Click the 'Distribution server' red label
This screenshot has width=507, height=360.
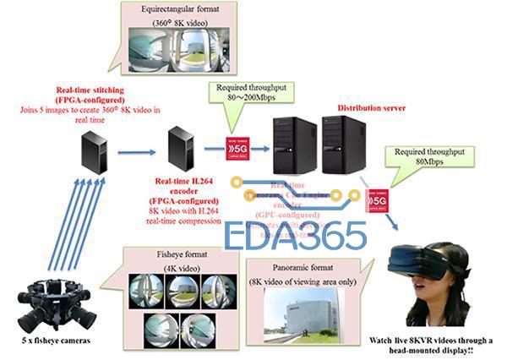[x=372, y=108]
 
